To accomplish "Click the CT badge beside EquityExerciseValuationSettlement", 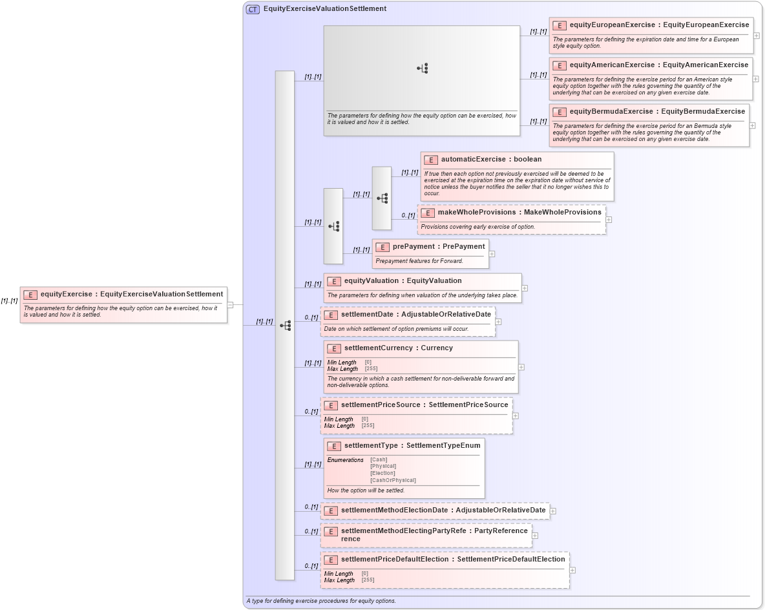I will [x=253, y=9].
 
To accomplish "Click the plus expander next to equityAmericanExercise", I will [x=756, y=78].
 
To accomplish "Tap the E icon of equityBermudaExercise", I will [x=559, y=112].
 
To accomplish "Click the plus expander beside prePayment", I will [x=492, y=254].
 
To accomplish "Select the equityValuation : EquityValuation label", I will [x=403, y=281].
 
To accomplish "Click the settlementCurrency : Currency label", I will [x=398, y=348].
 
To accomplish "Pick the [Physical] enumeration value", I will [x=383, y=467].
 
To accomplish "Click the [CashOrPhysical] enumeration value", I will [x=393, y=481].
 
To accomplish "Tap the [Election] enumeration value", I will [x=382, y=474].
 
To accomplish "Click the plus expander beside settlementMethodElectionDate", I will [x=552, y=511].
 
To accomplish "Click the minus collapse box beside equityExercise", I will [x=230, y=305].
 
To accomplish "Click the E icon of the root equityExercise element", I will [x=30, y=295].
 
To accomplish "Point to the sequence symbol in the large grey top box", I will [x=422, y=68].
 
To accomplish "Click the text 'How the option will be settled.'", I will [x=366, y=490].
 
